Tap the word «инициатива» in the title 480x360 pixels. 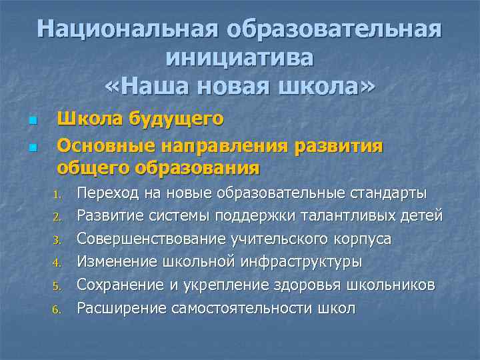pyautogui.click(x=240, y=58)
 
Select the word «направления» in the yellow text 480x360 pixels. pyautogui.click(x=247, y=145)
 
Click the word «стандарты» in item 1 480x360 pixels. pyautogui.click(x=388, y=194)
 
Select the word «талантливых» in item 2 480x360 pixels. pyautogui.click(x=359, y=216)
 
